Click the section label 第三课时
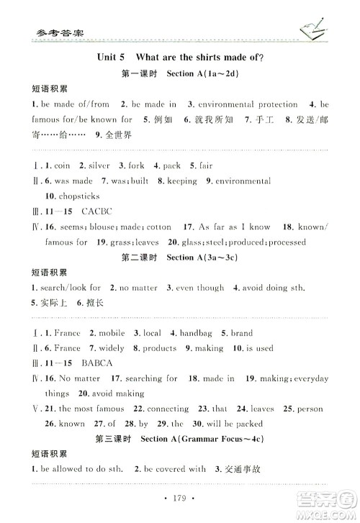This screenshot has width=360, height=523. click(114, 438)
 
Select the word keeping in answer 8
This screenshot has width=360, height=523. click(182, 181)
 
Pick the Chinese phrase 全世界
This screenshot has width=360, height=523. click(117, 135)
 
